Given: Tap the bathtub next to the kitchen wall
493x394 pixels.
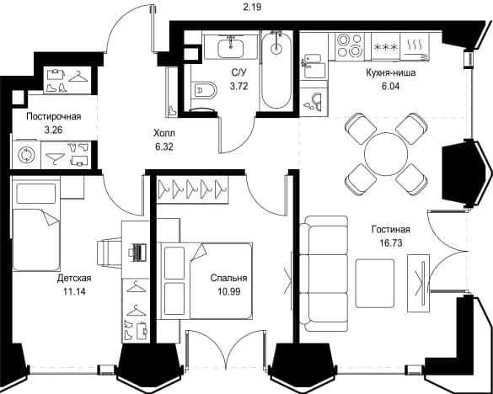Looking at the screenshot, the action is (x=276, y=70).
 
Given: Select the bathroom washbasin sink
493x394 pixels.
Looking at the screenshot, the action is (x=230, y=47).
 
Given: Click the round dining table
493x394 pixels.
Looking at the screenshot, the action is (x=386, y=154).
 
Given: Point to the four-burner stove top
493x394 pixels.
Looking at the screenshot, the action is (x=349, y=45).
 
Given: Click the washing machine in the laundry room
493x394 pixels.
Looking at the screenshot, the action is (x=26, y=155).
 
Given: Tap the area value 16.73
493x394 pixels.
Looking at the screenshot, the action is (x=391, y=242).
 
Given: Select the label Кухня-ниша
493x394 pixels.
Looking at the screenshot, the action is (x=391, y=73).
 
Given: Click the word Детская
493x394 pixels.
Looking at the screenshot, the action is (x=74, y=279).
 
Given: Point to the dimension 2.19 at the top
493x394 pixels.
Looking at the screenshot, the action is (x=252, y=7).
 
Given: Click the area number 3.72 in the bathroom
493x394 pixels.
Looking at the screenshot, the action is (x=239, y=86).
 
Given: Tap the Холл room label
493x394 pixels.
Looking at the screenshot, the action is (x=164, y=133).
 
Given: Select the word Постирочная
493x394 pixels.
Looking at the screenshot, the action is (x=54, y=116).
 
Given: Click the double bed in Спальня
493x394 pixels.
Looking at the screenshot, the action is (x=205, y=281).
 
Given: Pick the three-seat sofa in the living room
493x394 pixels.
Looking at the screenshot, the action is (x=324, y=274).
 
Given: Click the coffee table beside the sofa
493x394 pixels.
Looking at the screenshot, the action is (x=375, y=283).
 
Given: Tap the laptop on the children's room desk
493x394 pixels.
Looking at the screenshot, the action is (x=137, y=252).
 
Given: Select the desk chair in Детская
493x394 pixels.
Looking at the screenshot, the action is (x=110, y=253).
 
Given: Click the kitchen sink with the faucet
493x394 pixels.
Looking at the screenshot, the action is (x=312, y=67).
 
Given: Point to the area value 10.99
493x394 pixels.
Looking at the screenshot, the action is (x=229, y=292).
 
